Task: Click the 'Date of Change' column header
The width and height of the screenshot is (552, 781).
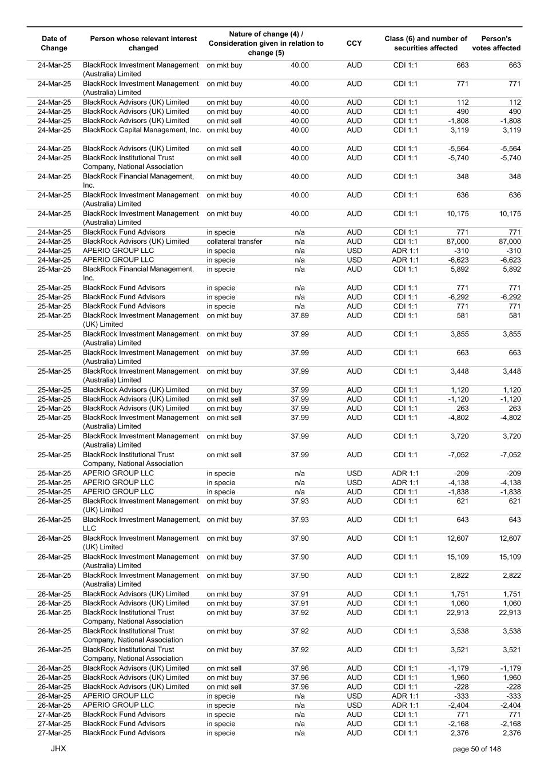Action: tap(54, 43)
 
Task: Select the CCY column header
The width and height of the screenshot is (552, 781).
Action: tap(354, 43)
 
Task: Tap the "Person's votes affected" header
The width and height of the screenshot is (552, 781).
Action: tap(496, 43)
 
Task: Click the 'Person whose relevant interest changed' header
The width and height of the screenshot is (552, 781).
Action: tap(143, 43)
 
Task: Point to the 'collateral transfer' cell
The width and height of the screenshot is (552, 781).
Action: tap(235, 241)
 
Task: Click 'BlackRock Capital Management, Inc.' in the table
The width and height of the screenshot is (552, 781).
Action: tap(142, 130)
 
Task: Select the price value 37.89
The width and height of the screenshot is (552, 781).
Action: tap(299, 315)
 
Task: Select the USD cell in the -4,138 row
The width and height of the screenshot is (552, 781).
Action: tap(354, 482)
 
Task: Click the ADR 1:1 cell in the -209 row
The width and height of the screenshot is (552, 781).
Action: tap(405, 473)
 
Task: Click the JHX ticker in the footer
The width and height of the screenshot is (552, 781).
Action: tap(58, 748)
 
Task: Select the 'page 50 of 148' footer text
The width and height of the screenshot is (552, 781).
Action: tap(476, 749)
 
